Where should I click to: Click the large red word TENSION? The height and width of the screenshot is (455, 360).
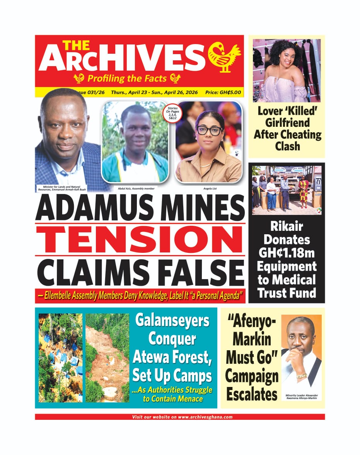[x=140, y=239]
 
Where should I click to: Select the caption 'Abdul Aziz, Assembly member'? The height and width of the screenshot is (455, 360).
[x=134, y=189]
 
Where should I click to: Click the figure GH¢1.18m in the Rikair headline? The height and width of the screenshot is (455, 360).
[x=287, y=253]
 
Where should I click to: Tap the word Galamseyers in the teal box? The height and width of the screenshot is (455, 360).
[x=172, y=321]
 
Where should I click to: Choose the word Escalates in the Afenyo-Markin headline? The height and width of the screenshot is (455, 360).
[x=252, y=395]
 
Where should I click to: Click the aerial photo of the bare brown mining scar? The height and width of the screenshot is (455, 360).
[x=107, y=358]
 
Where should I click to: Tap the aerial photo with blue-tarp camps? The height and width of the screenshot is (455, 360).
[x=60, y=358]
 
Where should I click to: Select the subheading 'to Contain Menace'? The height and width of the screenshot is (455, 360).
[x=172, y=399]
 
